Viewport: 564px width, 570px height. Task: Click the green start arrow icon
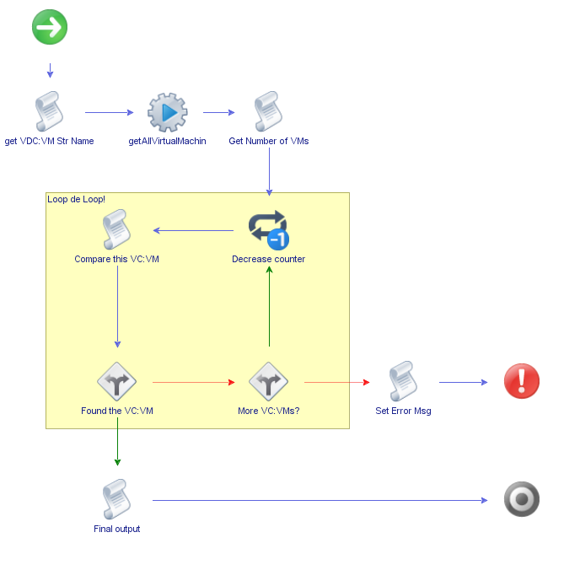click(x=50, y=28)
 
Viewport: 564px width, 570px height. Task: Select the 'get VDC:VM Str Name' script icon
click(x=50, y=112)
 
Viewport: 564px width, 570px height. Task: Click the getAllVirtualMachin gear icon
click(x=168, y=112)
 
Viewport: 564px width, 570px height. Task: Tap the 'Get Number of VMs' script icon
click(x=269, y=112)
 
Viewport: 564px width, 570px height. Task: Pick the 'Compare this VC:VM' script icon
click(x=117, y=230)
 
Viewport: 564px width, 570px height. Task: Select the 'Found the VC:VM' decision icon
click(x=117, y=382)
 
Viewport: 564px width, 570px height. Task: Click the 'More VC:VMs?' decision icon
click(x=269, y=382)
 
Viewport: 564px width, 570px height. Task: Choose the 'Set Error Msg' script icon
click(x=403, y=382)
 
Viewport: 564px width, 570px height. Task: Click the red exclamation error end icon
click(x=521, y=382)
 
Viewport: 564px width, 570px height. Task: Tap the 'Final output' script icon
click(x=117, y=500)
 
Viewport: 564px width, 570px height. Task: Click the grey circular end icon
click(x=521, y=500)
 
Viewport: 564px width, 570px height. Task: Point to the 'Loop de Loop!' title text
click(x=77, y=200)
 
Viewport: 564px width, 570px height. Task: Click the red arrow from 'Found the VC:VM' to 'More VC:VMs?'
click(x=193, y=382)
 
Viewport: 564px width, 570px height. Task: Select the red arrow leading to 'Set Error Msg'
click(x=336, y=382)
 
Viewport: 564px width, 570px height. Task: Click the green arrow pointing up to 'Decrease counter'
click(x=269, y=308)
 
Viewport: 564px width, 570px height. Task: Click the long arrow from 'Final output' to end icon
click(x=320, y=500)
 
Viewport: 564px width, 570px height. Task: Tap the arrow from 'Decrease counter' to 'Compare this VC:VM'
click(x=193, y=230)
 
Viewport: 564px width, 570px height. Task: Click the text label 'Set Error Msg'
click(x=403, y=411)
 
